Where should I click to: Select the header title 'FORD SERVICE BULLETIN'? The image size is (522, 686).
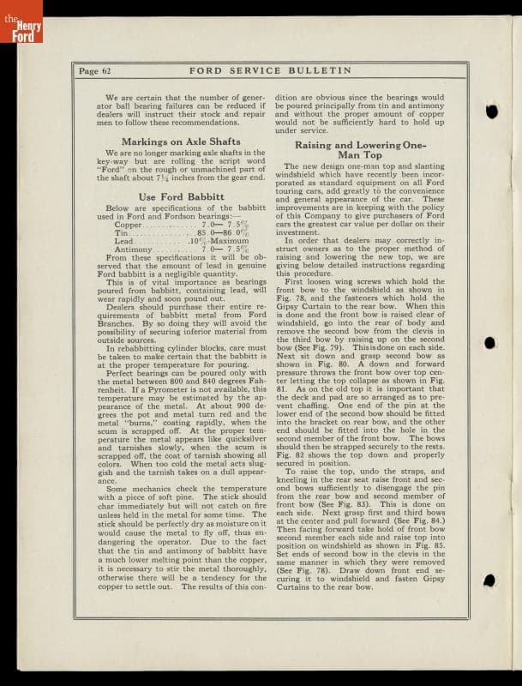(269, 70)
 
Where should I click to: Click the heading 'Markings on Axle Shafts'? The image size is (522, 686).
(181, 141)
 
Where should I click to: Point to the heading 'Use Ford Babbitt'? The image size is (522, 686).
(181, 197)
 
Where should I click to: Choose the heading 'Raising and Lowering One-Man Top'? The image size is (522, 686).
(372, 151)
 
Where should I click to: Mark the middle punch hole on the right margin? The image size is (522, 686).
(490, 343)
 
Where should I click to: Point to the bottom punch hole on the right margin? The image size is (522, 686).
(489, 581)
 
